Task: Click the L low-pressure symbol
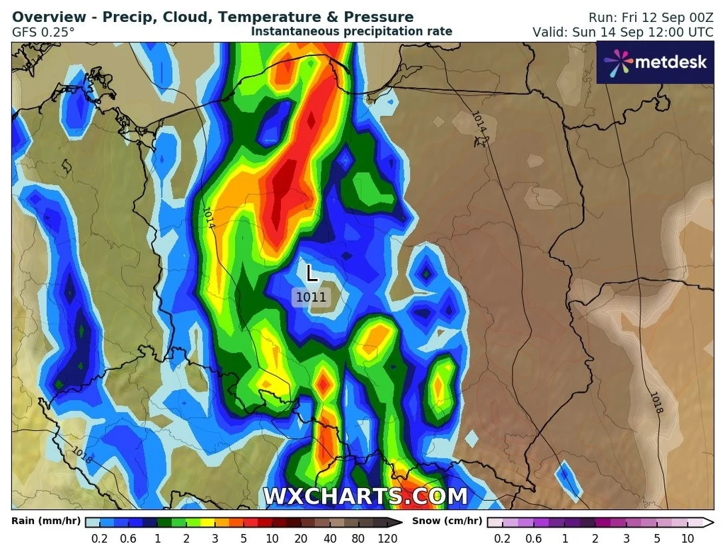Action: [x=312, y=273]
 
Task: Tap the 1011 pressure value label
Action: [x=311, y=297]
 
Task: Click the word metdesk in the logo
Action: [x=670, y=62]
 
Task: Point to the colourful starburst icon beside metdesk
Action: [x=618, y=62]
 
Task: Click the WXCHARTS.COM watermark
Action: [x=365, y=497]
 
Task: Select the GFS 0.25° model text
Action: [x=43, y=32]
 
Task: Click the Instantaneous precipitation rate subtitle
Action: [x=351, y=31]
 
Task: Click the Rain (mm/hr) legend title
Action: [x=45, y=521]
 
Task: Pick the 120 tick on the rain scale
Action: [x=387, y=538]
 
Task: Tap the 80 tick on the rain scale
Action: [x=358, y=538]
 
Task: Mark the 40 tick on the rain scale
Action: [x=330, y=538]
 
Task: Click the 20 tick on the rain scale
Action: [x=301, y=538]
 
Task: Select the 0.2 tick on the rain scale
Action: [x=100, y=538]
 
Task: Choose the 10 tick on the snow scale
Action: [x=687, y=538]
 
